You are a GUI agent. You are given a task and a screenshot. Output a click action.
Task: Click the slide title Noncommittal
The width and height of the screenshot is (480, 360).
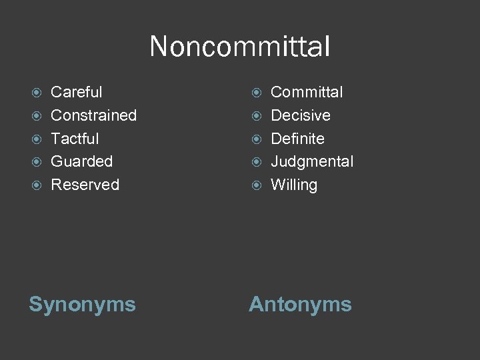240,47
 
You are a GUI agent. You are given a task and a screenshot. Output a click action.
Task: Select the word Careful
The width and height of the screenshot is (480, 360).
77,92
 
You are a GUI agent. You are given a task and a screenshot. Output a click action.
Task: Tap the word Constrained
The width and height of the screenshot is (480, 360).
93,115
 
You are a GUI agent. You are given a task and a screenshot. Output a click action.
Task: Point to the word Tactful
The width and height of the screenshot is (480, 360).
75,139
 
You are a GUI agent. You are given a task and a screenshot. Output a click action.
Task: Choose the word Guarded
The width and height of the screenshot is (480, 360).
81,161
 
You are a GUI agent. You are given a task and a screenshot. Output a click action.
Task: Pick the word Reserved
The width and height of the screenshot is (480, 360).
85,185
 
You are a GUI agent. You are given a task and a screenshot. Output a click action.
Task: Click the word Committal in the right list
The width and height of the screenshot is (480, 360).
307,92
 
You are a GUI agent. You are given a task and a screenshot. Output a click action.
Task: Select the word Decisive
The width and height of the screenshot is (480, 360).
300,115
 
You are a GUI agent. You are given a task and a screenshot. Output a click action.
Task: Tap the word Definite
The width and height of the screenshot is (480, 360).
297,139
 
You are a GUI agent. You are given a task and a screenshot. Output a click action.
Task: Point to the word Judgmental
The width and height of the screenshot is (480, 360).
312,161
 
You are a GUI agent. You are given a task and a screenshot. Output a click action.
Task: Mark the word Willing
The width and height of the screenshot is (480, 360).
294,185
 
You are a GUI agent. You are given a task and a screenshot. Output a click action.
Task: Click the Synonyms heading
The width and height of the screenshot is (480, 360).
82,305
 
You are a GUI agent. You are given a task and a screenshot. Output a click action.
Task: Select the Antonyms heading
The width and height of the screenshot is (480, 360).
300,305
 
